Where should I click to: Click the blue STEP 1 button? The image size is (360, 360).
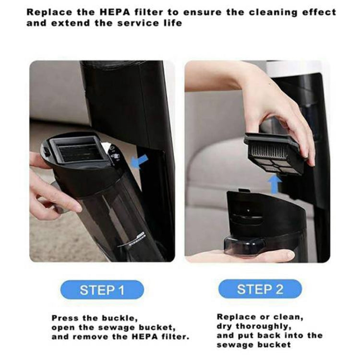pos(102,290)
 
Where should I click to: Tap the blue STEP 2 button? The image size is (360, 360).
pos(260,289)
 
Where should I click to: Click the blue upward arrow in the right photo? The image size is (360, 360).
pos(274,184)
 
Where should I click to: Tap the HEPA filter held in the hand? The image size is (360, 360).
pos(274,153)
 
